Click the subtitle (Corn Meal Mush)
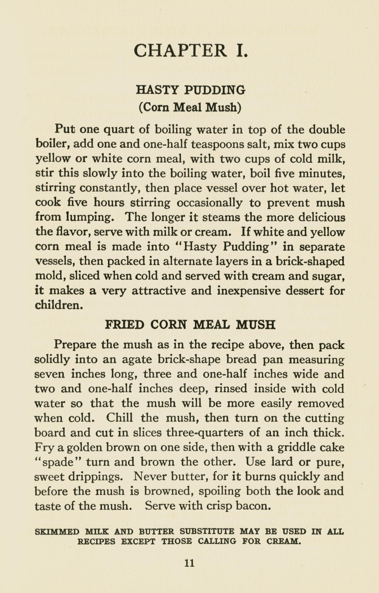190,107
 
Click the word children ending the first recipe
58,305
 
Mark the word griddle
296,447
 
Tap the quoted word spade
58,462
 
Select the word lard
281,462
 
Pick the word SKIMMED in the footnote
57,532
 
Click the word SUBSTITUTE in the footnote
207,532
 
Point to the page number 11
189,563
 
